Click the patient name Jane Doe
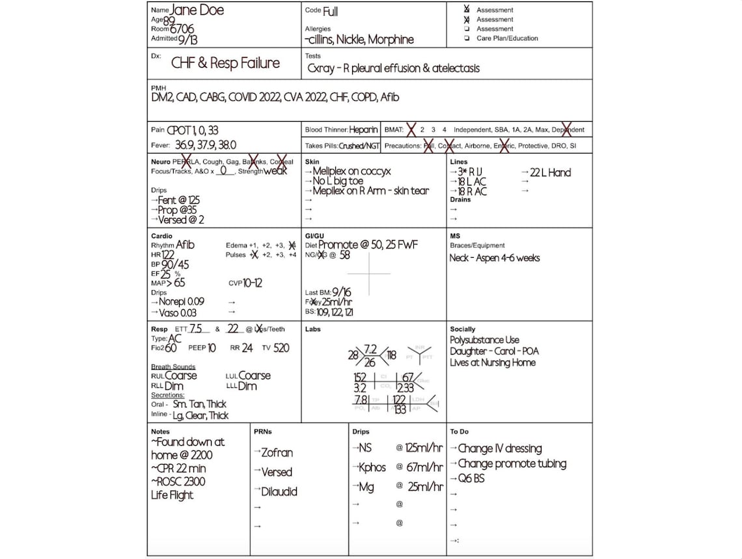pyautogui.click(x=197, y=10)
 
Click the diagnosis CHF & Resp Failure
pyautogui.click(x=225, y=63)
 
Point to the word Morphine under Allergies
pyautogui.click(x=391, y=40)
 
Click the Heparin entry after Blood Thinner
pyautogui.click(x=363, y=130)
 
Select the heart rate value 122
pyautogui.click(x=168, y=255)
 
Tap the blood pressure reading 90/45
pyautogui.click(x=176, y=265)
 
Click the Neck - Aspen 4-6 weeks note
pyautogui.click(x=495, y=258)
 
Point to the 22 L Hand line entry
pyautogui.click(x=550, y=172)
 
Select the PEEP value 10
pyautogui.click(x=212, y=348)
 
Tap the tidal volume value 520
pyautogui.click(x=281, y=348)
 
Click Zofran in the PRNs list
pyautogui.click(x=277, y=453)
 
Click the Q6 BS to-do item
pyautogui.click(x=471, y=478)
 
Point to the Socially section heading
pyautogui.click(x=462, y=329)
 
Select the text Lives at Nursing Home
pyautogui.click(x=493, y=362)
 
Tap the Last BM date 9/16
pyautogui.click(x=341, y=293)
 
